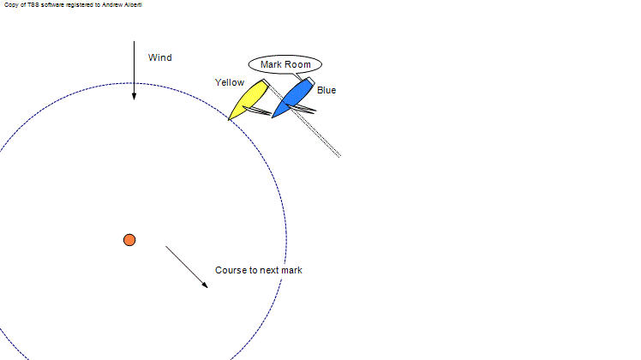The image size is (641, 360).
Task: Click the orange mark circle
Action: [x=129, y=240]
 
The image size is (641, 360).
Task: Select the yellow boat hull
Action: [x=249, y=99]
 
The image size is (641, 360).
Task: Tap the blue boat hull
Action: [x=293, y=98]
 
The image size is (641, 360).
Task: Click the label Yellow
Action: [x=230, y=82]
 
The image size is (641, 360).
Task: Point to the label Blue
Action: [x=326, y=90]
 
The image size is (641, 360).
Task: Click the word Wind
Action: [x=160, y=57]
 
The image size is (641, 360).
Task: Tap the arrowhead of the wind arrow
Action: [x=134, y=96]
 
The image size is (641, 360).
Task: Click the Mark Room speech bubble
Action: [x=285, y=64]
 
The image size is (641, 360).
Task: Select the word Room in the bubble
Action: [x=298, y=64]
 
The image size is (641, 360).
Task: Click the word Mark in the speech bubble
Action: [x=271, y=64]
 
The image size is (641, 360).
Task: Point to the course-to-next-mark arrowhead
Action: [x=205, y=285]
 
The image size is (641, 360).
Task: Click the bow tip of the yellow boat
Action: [x=228, y=120]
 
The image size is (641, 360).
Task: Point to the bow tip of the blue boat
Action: [x=272, y=117]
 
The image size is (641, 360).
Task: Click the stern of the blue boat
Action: [x=310, y=81]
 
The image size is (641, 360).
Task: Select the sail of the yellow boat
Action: [x=257, y=111]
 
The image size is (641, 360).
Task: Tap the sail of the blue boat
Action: [x=301, y=108]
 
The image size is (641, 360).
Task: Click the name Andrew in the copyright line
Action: [x=111, y=5]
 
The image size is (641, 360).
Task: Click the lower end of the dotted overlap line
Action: [x=339, y=155]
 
